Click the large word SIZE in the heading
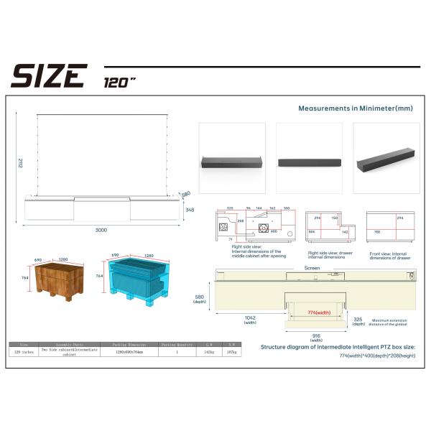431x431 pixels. point(49,75)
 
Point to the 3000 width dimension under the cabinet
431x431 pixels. point(101,230)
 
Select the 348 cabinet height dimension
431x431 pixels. point(190,209)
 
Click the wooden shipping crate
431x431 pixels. point(59,280)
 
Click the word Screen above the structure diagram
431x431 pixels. point(312,267)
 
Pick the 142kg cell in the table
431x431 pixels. point(210,352)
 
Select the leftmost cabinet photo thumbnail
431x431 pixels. point(231,158)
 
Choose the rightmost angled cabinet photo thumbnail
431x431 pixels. point(385,158)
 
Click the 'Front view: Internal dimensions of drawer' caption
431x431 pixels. point(390,255)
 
